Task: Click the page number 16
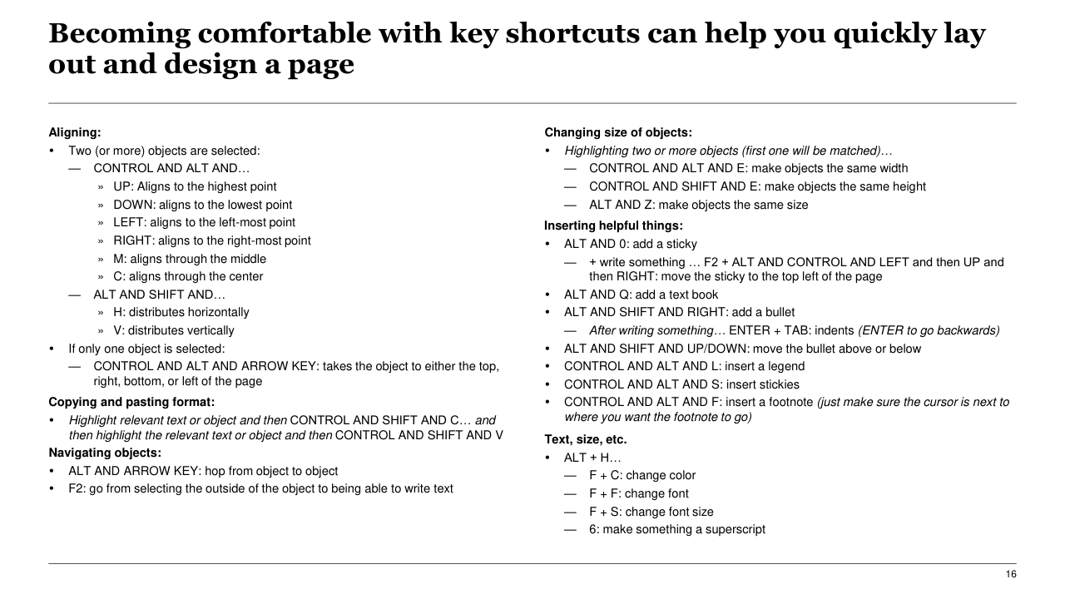(1011, 575)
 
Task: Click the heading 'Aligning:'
(75, 132)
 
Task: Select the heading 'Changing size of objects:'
(618, 132)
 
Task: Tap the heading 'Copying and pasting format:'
(131, 402)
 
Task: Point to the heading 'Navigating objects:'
(105, 453)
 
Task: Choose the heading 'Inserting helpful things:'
(613, 225)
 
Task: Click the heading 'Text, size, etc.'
(586, 439)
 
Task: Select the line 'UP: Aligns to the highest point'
(195, 186)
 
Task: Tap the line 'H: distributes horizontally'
(181, 312)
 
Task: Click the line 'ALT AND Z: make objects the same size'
(698, 205)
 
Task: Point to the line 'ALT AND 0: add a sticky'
(630, 244)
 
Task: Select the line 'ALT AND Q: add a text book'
(641, 295)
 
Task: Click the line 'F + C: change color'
(641, 475)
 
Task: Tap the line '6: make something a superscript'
(676, 529)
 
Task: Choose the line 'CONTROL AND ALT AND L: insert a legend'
(684, 366)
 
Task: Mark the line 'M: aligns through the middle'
(190, 259)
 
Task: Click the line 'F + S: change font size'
(651, 512)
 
